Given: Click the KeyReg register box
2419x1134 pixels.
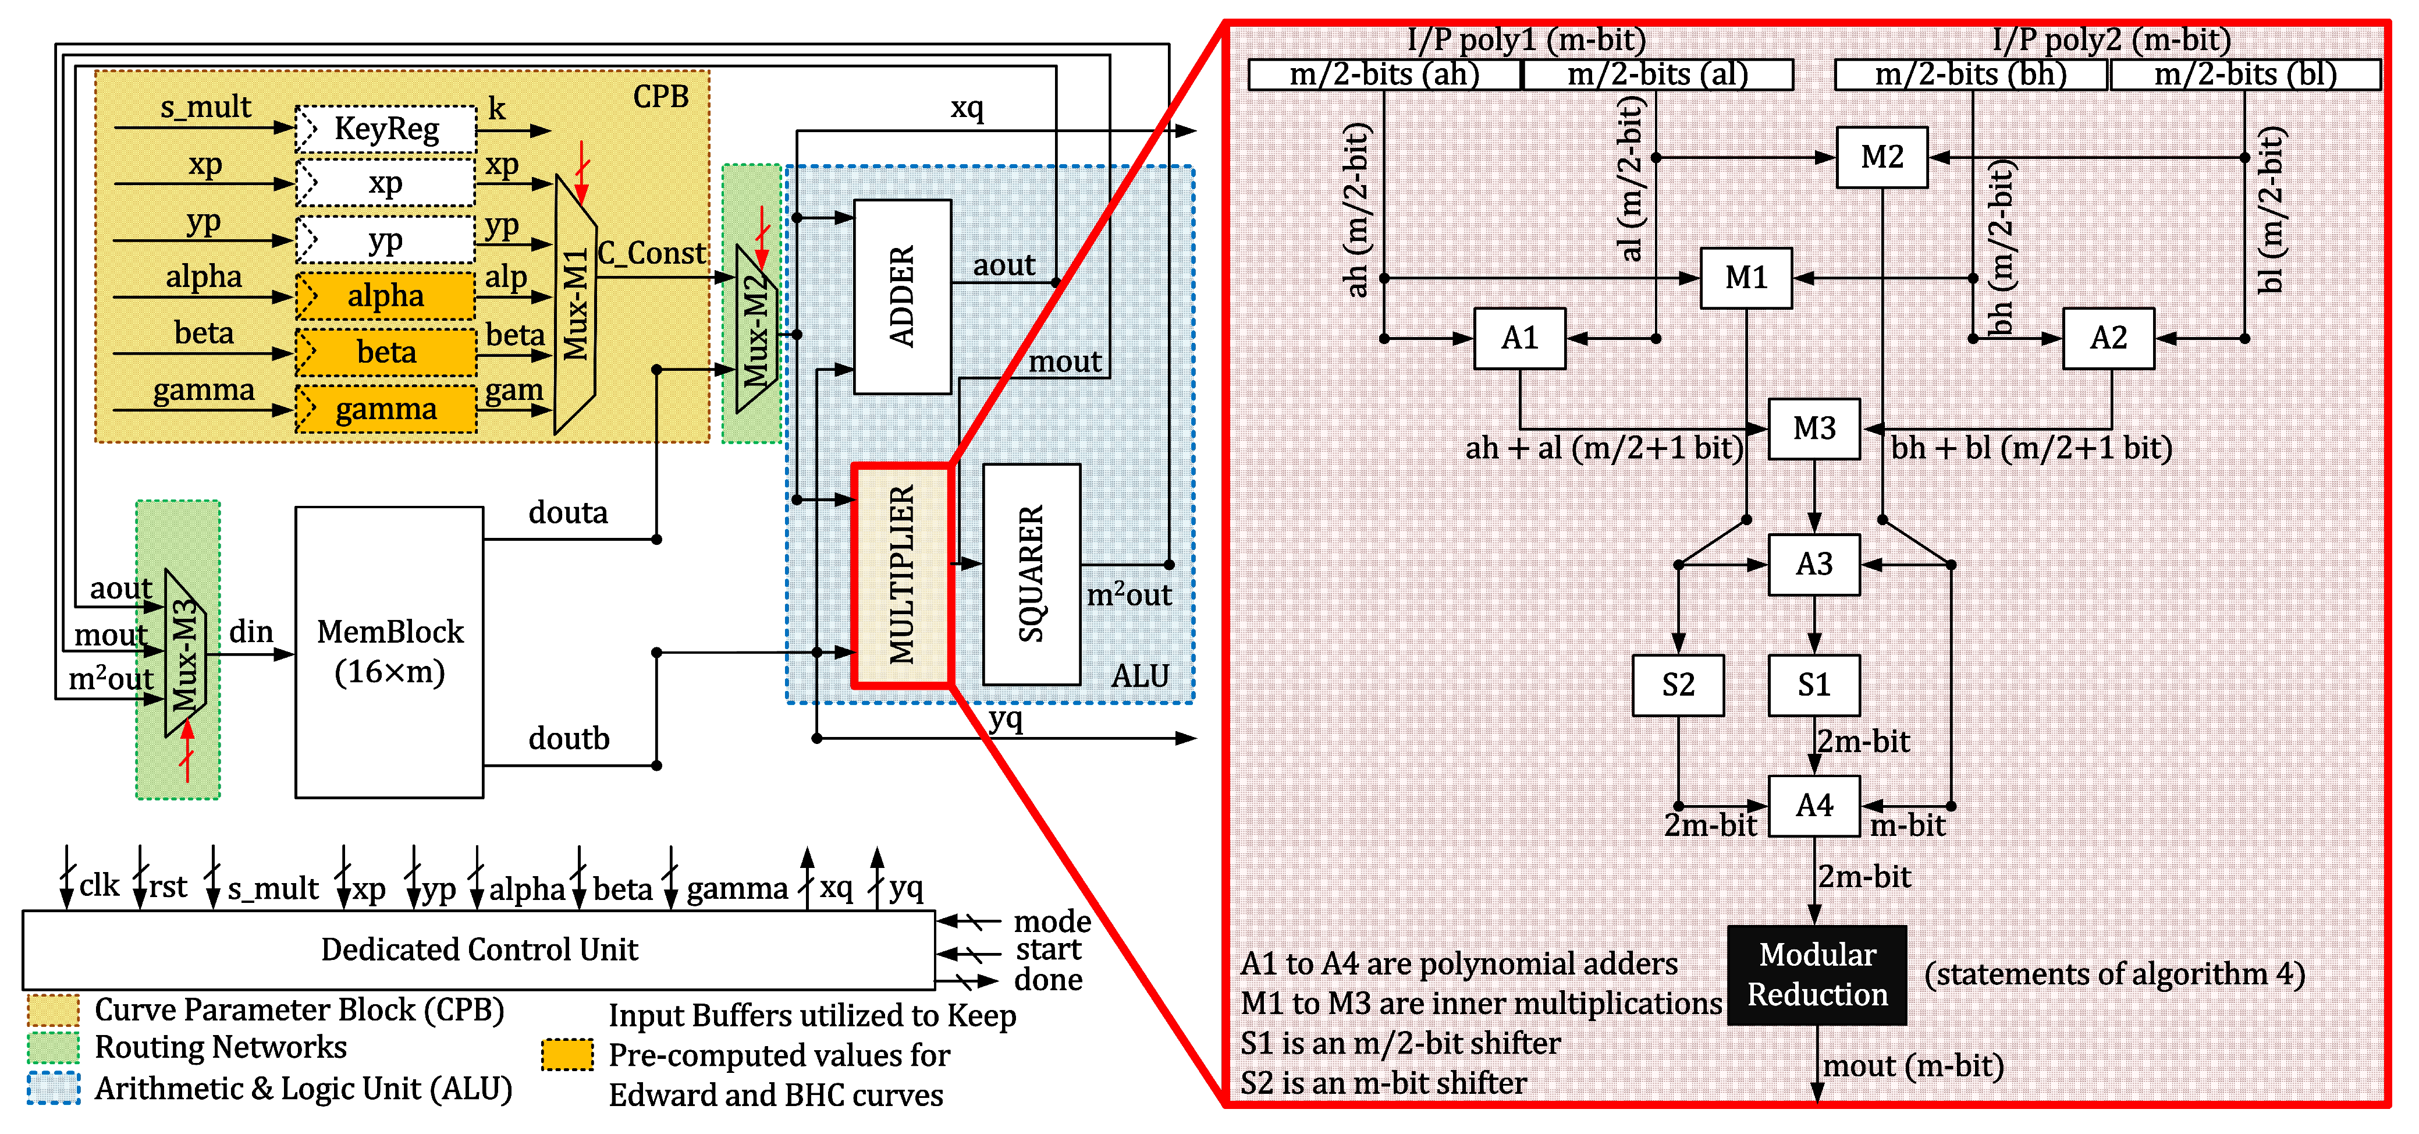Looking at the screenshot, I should [x=386, y=129].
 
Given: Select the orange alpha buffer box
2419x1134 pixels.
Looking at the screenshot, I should [x=386, y=296].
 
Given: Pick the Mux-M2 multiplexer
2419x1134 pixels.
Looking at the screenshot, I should [x=756, y=329].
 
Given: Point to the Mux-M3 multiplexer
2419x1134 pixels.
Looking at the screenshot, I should [x=184, y=654].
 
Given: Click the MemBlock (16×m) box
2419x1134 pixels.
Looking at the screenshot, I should [x=390, y=652].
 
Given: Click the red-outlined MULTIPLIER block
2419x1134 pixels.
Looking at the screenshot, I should [x=901, y=575].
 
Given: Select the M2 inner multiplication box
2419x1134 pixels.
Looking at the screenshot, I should [x=1882, y=157].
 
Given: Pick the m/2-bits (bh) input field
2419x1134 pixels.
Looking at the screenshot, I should [x=1970, y=74].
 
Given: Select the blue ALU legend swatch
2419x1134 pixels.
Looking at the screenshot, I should [x=54, y=1088].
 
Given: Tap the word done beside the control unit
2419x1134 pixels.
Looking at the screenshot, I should [x=1048, y=980].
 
